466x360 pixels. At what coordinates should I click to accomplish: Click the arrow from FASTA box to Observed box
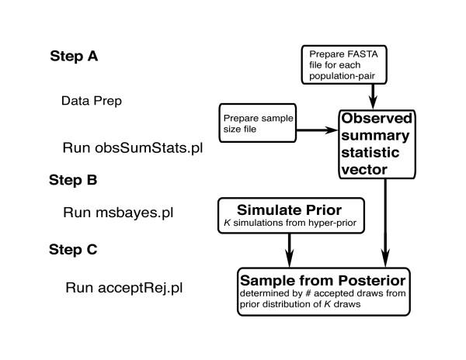[x=374, y=97]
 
